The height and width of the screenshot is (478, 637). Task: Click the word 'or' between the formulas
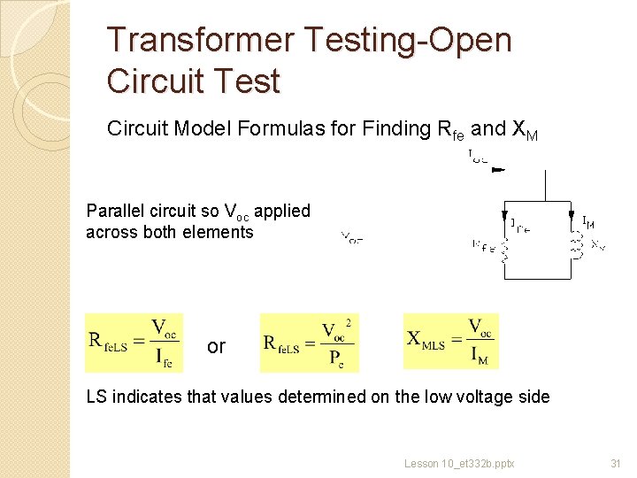tap(216, 346)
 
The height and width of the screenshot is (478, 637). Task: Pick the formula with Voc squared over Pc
tap(308, 343)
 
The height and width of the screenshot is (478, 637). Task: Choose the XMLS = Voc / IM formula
tap(450, 342)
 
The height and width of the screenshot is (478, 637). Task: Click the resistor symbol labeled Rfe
tap(503, 253)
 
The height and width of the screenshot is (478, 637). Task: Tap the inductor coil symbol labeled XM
tap(579, 245)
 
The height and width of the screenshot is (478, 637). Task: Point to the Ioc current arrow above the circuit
tap(498, 169)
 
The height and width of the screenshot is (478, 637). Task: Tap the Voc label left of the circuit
tap(351, 237)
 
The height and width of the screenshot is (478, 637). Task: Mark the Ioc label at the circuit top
tap(477, 158)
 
